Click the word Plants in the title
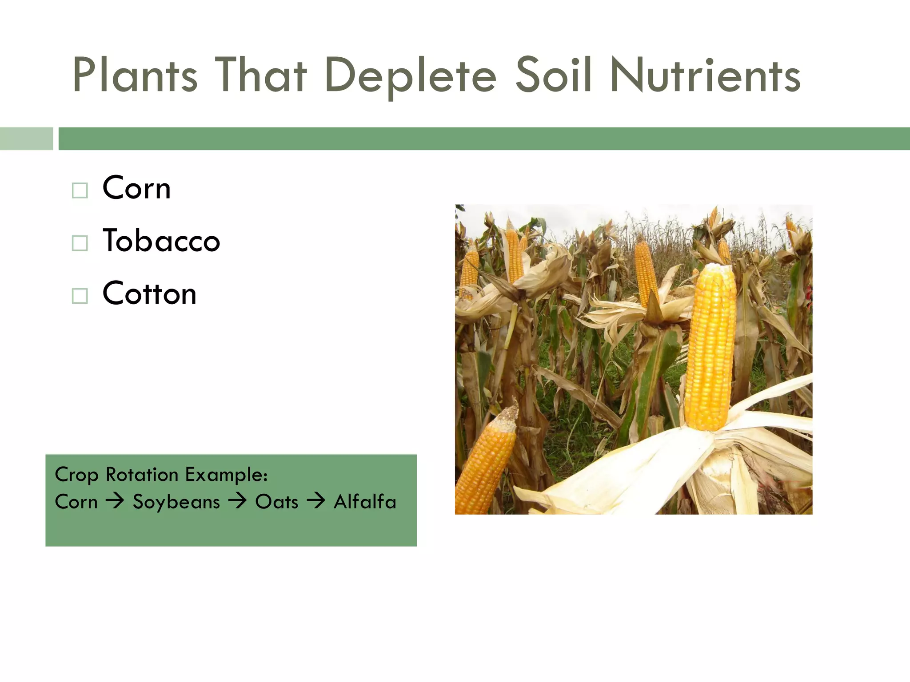[135, 75]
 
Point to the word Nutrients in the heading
[705, 75]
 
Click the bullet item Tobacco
[161, 241]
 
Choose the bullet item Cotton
[149, 293]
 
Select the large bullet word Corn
[136, 188]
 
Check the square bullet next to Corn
[80, 190]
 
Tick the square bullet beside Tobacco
[80, 243]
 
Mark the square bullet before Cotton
[80, 296]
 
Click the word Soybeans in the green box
[176, 502]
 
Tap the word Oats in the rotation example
[276, 502]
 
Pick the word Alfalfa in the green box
[365, 502]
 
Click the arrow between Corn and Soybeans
[115, 502]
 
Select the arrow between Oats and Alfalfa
[316, 502]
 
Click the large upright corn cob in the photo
[710, 346]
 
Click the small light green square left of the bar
[26, 139]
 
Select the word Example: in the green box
[226, 475]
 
